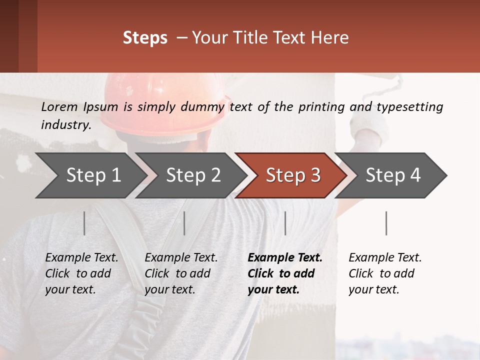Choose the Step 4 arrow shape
392,175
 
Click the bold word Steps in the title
145,38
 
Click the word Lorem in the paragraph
59,106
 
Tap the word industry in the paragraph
65,125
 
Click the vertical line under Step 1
84,223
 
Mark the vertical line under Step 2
184,223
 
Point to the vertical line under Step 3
285,223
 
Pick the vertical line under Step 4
386,223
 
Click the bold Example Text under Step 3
285,258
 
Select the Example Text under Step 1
81,258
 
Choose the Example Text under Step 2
181,258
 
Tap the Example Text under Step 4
385,258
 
